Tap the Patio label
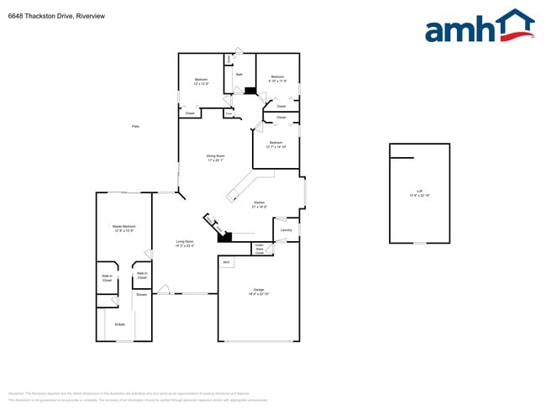point(136,126)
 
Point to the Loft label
point(420,193)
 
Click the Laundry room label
point(286,230)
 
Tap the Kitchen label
point(260,204)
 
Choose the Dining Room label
point(216,158)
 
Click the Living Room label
point(185,244)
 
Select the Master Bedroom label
point(124,228)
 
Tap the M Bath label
point(120,323)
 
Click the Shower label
point(141,295)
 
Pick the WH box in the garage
point(226,263)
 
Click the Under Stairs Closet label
point(260,250)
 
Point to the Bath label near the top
point(239,75)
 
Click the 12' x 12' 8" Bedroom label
point(201,81)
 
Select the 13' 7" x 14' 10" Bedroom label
point(276,145)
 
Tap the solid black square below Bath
point(249,91)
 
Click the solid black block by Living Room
point(224,236)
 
